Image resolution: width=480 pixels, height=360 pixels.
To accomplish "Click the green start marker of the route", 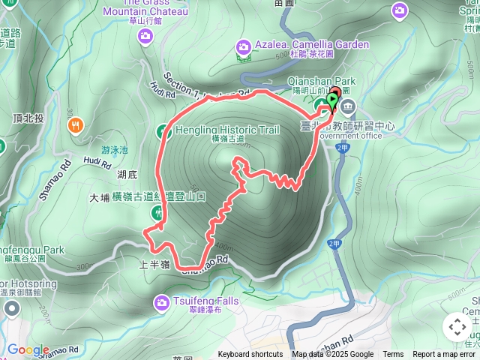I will (x=332, y=98).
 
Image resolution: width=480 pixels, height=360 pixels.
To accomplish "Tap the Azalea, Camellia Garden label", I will (x=311, y=45).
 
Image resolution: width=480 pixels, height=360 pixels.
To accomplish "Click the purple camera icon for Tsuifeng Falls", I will (x=161, y=303).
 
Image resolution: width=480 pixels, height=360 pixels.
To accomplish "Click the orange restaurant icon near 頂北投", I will (x=76, y=125).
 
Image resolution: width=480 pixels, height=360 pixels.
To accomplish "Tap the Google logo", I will (x=28, y=349).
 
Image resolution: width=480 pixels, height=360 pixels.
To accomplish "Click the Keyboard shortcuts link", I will (x=250, y=355).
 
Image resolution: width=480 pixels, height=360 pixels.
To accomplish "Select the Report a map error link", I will (x=444, y=355).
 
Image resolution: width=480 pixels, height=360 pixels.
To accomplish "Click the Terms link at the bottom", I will (x=393, y=355).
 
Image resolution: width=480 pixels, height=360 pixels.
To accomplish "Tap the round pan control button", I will (x=457, y=327).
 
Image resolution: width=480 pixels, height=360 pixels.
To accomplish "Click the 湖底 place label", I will (x=127, y=175).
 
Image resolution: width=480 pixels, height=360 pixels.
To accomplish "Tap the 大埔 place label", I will (x=99, y=198).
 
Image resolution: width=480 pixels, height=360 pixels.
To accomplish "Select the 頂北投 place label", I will (x=28, y=118).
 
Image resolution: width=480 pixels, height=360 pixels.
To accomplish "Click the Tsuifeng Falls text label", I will (x=204, y=300).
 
